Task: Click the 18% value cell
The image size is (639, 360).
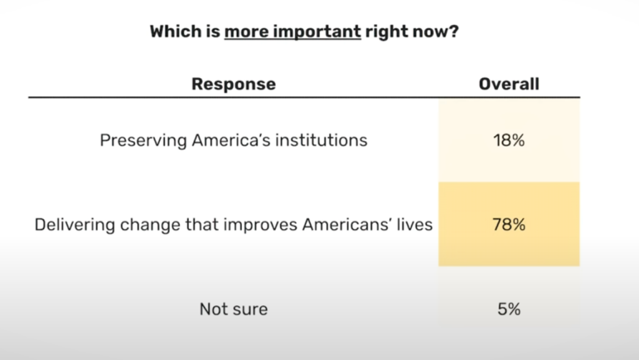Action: click(x=509, y=140)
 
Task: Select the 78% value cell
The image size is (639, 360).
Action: click(x=509, y=225)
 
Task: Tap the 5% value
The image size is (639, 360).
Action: click(x=509, y=309)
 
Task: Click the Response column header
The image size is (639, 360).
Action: click(x=233, y=84)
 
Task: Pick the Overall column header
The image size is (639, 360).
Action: click(x=509, y=84)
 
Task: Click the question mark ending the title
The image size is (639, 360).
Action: click(x=455, y=31)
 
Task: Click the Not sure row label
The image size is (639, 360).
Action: click(x=233, y=309)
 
